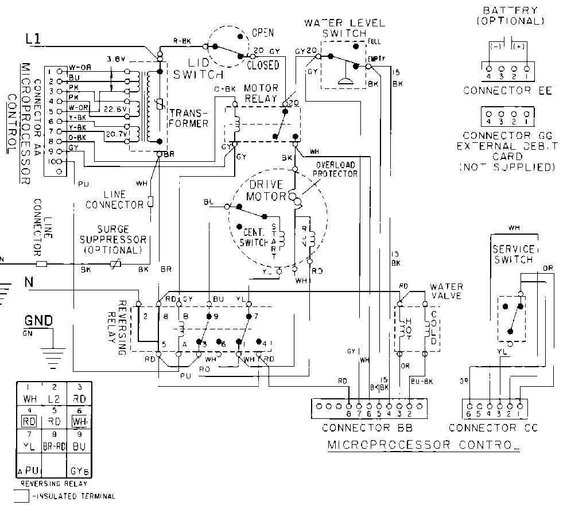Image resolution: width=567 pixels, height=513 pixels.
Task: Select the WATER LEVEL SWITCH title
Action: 344,28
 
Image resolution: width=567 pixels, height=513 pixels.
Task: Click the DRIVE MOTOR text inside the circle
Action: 266,191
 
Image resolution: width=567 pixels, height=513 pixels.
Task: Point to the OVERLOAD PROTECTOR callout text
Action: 335,169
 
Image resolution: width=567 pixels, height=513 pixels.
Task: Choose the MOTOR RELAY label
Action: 261,94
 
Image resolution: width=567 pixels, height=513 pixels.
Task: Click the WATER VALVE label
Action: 446,290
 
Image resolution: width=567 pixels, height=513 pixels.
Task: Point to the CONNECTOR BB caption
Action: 367,428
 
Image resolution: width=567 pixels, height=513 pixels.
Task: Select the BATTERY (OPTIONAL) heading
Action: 510,15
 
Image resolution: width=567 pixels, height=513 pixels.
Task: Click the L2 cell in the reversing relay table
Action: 53,398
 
